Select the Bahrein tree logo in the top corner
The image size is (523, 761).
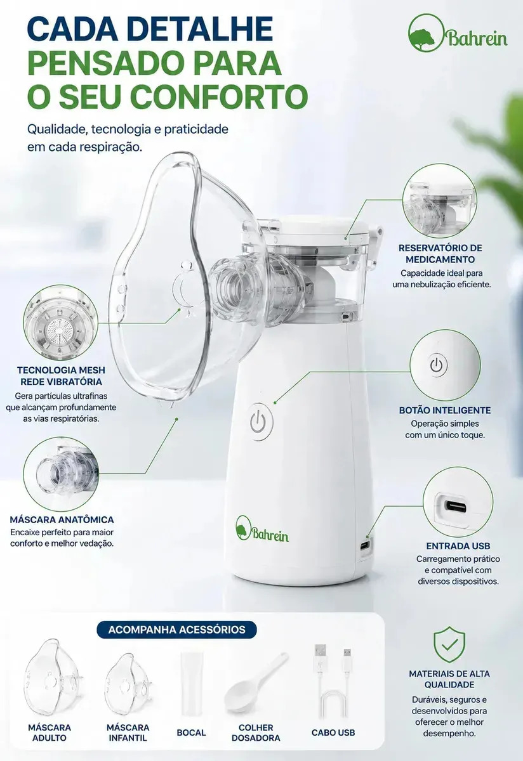[x=458, y=34]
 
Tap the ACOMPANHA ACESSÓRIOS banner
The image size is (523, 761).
[x=177, y=630]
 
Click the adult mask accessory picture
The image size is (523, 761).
[x=54, y=677]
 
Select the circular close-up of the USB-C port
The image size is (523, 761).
[x=458, y=502]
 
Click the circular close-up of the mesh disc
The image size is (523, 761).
[x=60, y=322]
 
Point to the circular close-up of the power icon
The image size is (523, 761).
[x=445, y=365]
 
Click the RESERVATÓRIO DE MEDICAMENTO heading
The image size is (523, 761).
[x=440, y=254]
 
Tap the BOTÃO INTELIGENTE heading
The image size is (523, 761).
[x=445, y=410]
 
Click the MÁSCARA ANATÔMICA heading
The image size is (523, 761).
[x=62, y=519]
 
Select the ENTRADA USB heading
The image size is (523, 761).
[x=458, y=545]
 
